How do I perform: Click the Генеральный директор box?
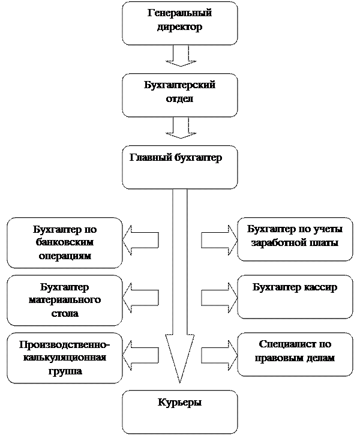tap(179, 23)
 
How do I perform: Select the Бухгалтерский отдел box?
tap(179, 95)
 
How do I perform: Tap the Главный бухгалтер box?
tap(179, 167)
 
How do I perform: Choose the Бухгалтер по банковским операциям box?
tap(65, 242)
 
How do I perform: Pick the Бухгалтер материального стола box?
tap(65, 297)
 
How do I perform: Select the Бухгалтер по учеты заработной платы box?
tap(295, 239)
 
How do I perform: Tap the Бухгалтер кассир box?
tap(295, 297)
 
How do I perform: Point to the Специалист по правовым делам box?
tap(295, 354)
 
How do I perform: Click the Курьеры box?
tap(179, 412)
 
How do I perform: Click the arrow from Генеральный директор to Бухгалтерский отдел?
tap(179, 56)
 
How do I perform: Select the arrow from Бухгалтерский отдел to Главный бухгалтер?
tap(179, 127)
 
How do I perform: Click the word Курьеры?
tap(179, 403)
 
